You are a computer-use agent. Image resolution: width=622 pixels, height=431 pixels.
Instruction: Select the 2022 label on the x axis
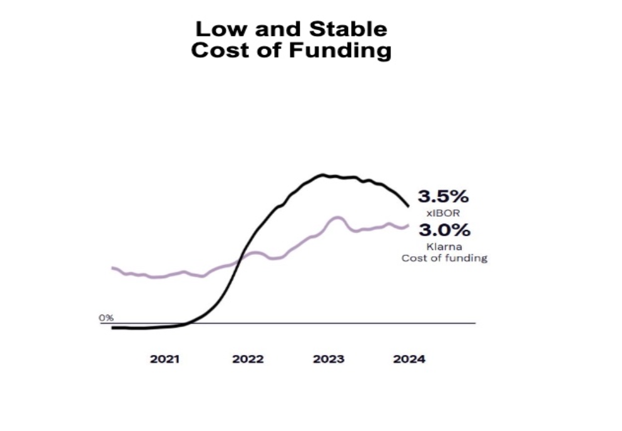248,360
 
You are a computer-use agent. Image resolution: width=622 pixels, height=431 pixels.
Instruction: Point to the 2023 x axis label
329,360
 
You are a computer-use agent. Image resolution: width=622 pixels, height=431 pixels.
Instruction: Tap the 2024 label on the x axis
409,360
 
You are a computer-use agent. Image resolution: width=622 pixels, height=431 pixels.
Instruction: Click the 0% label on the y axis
106,318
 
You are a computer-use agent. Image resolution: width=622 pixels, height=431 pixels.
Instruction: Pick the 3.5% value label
443,197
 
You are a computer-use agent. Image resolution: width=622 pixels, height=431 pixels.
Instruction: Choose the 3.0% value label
444,230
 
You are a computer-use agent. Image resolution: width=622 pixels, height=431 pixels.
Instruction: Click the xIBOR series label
443,214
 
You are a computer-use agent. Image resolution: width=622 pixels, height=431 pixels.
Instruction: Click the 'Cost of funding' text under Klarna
444,257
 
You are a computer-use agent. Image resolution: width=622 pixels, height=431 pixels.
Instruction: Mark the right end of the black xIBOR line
409,205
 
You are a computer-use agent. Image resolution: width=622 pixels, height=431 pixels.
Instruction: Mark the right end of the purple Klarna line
409,225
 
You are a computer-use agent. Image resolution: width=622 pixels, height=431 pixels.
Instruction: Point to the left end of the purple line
112,267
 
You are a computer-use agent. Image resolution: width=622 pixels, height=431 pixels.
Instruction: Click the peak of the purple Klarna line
337,217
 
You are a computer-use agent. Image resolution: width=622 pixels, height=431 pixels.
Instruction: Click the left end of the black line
112,327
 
